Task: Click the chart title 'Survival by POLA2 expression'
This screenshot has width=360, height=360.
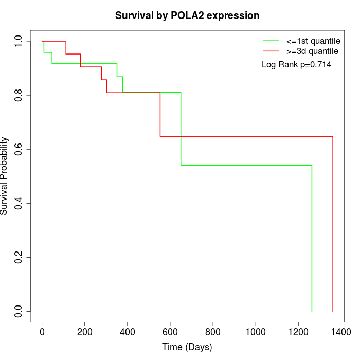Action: tap(187, 16)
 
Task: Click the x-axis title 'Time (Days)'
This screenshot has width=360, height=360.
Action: tap(187, 347)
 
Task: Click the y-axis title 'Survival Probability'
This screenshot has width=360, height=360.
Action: tap(5, 176)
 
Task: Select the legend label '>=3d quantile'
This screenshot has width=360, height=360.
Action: tap(312, 51)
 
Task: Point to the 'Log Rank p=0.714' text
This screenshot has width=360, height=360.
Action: tap(296, 65)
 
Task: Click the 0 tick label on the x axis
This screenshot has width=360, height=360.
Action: tap(42, 332)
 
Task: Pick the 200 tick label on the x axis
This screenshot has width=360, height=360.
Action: tap(85, 332)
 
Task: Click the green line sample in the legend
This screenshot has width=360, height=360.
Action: tap(271, 41)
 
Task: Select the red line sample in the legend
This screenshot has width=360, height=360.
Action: tap(271, 51)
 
